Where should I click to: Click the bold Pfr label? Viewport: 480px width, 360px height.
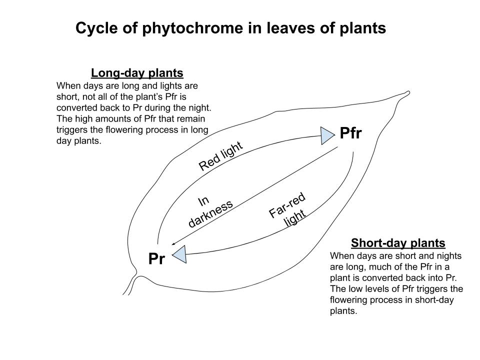(x=350, y=133)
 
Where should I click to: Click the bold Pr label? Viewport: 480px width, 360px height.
(x=156, y=259)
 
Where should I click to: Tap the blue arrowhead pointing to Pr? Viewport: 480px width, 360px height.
(x=179, y=254)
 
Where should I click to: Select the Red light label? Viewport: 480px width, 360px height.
(x=220, y=156)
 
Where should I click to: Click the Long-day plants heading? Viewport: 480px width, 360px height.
(x=137, y=73)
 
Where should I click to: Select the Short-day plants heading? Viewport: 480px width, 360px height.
(x=398, y=243)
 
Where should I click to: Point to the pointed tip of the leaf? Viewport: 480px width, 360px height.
(x=407, y=92)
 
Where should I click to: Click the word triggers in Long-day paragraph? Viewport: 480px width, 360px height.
(x=71, y=129)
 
